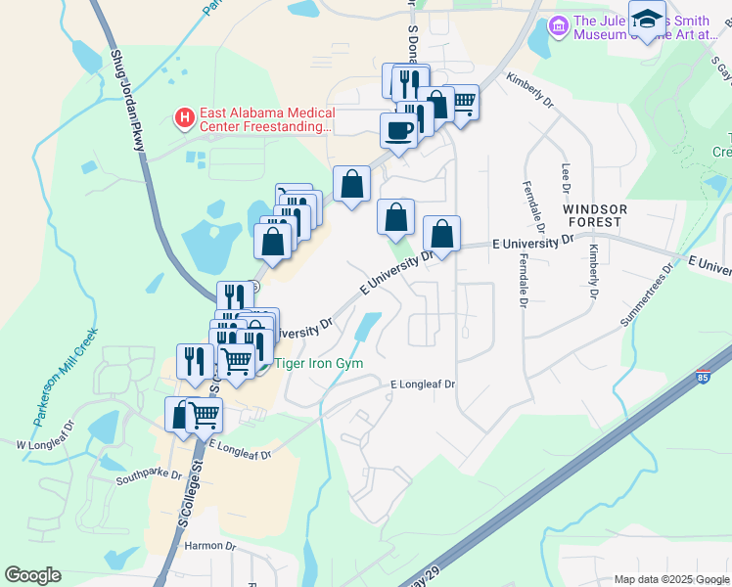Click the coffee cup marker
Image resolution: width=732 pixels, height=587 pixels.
click(397, 131)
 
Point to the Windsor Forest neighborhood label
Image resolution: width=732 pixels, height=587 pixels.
click(593, 215)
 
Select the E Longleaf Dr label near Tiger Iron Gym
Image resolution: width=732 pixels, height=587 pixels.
click(423, 384)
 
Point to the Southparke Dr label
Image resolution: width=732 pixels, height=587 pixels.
click(149, 476)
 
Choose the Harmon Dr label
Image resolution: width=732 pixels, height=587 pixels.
click(205, 545)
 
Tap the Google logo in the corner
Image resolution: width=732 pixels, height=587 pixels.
click(33, 575)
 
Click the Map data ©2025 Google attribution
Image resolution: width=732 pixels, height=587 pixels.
click(670, 579)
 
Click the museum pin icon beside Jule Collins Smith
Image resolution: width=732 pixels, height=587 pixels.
click(559, 25)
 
